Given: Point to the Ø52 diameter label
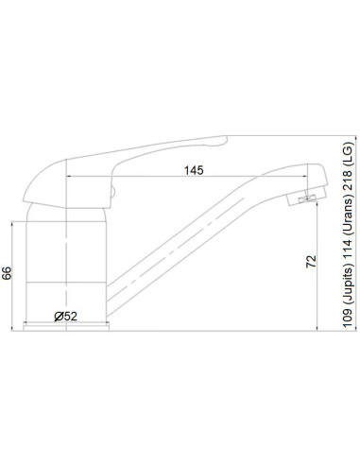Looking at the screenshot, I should point(66,315).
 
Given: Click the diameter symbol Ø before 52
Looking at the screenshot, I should point(59,315).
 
